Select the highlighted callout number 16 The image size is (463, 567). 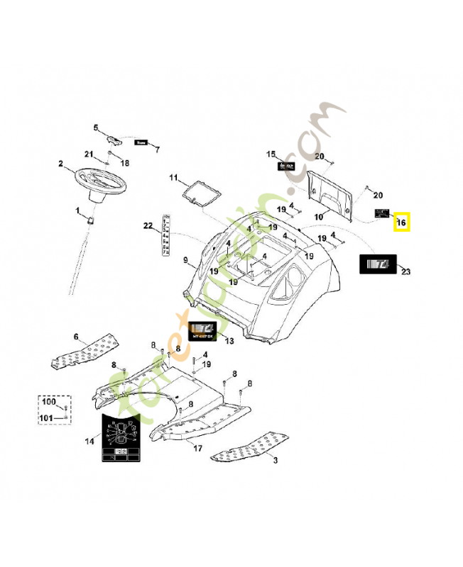click(401, 223)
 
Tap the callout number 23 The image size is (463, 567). click(405, 271)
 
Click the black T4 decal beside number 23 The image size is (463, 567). click(376, 264)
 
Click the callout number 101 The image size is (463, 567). click(47, 417)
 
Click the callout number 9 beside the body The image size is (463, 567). click(185, 261)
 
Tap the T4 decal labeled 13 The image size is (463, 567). click(205, 330)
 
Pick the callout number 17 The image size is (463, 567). click(197, 448)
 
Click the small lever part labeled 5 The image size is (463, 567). click(116, 136)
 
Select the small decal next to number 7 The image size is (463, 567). click(141, 142)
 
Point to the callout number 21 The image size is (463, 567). click(89, 155)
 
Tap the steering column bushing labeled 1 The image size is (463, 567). click(91, 221)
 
